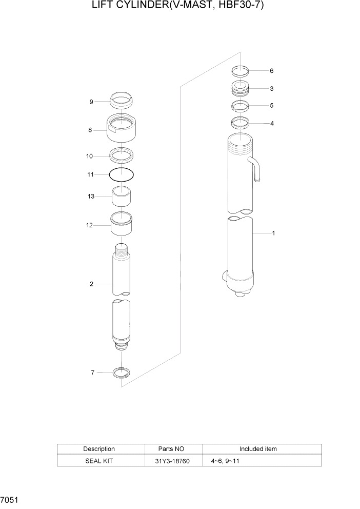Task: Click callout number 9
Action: [x=91, y=102]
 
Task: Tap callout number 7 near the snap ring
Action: [x=93, y=373]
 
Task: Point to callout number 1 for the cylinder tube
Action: [x=273, y=233]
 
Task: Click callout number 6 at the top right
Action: [x=271, y=71]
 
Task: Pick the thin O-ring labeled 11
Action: [x=122, y=174]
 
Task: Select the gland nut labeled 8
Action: [x=122, y=131]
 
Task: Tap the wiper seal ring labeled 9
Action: [x=122, y=99]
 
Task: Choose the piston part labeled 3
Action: [x=240, y=89]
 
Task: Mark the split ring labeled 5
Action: [x=240, y=106]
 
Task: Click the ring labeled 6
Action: [x=240, y=71]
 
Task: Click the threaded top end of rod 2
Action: [x=122, y=251]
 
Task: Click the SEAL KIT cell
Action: [x=99, y=461]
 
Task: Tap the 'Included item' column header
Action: [x=258, y=449]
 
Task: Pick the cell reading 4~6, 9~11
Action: [x=225, y=461]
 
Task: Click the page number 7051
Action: [x=9, y=499]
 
